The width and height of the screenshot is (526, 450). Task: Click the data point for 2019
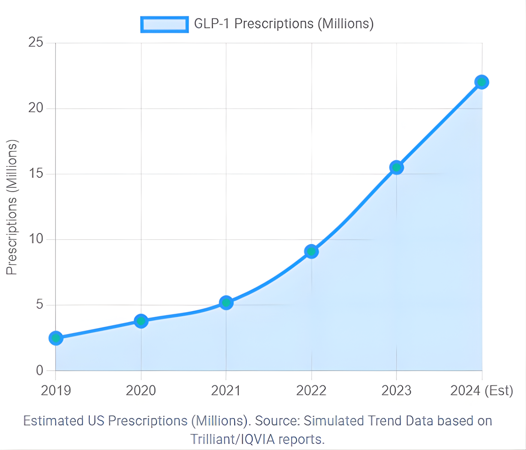[56, 338]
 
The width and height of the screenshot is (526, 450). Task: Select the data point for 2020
[141, 321]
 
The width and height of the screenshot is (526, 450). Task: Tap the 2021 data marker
[226, 303]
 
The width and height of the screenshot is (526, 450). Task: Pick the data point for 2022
[311, 251]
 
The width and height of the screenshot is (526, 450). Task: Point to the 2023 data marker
[397, 167]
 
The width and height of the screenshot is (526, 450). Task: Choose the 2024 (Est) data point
[482, 82]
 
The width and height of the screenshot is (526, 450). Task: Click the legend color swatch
[164, 24]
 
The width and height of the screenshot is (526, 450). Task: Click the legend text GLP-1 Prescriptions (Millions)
[284, 24]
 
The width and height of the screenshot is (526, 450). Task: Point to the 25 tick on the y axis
[36, 42]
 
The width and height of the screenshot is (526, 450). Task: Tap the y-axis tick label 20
[36, 108]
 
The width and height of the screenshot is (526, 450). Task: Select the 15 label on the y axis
[36, 174]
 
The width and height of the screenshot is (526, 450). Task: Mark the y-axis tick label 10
[36, 239]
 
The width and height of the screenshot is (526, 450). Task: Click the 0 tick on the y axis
[39, 370]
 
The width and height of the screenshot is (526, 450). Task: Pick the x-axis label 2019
[56, 391]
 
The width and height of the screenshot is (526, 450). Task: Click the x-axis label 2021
[226, 391]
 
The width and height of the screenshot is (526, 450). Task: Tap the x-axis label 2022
[311, 391]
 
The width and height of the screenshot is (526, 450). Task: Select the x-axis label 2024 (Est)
[481, 391]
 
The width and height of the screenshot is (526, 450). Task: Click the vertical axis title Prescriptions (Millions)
[12, 207]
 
